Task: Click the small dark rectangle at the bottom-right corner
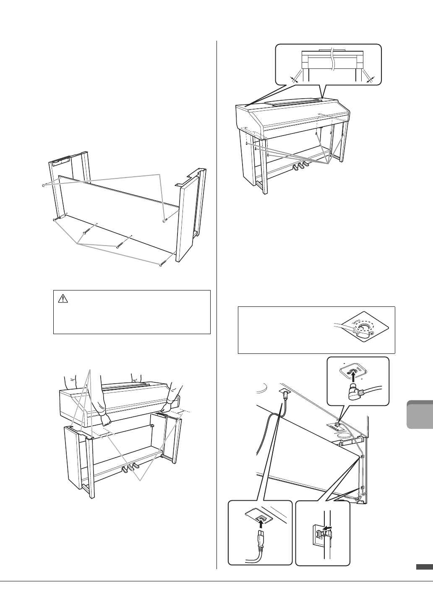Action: pos(424,567)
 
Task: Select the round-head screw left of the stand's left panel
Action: pos(44,185)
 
